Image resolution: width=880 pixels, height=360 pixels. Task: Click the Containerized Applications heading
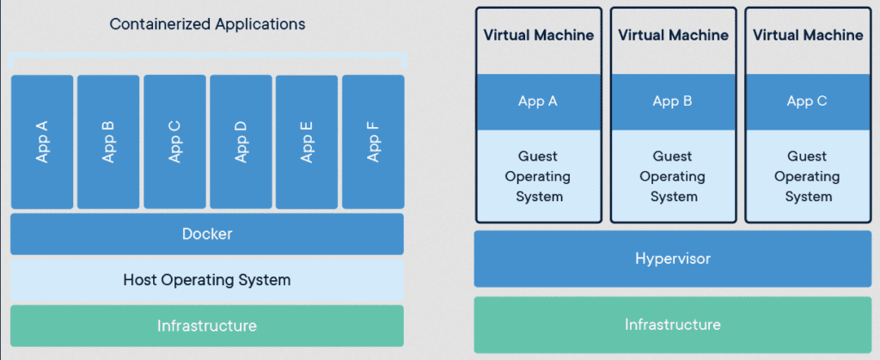pos(207,24)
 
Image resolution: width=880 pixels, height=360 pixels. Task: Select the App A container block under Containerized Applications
pos(42,142)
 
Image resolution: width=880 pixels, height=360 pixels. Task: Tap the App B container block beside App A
pos(108,142)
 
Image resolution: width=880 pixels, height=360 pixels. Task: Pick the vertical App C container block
pos(174,142)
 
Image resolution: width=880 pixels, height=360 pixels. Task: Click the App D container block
pos(241,142)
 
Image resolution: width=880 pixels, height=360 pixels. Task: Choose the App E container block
pos(307,142)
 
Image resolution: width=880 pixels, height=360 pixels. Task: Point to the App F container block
pos(373,142)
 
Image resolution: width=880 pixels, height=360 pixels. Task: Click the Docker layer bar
pos(207,234)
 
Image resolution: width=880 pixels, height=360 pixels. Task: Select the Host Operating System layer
pos(207,280)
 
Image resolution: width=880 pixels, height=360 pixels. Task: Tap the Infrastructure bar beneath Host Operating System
pos(207,326)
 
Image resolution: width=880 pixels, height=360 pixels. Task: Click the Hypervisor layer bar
pos(673,259)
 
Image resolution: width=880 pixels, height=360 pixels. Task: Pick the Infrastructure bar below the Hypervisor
pos(673,325)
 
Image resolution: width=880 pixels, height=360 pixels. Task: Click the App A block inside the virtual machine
pos(538,101)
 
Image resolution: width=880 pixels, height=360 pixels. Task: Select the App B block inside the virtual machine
pos(673,101)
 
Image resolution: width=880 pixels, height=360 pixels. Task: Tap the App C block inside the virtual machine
pos(807,101)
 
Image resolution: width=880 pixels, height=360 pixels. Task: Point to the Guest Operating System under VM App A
pos(538,176)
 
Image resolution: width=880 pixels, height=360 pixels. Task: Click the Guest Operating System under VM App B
pos(673,176)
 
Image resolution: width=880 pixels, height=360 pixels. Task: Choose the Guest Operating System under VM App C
pos(807,176)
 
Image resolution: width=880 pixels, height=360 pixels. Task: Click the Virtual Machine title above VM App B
pos(673,35)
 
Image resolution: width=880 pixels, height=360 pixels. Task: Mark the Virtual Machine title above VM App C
pos(808,35)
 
